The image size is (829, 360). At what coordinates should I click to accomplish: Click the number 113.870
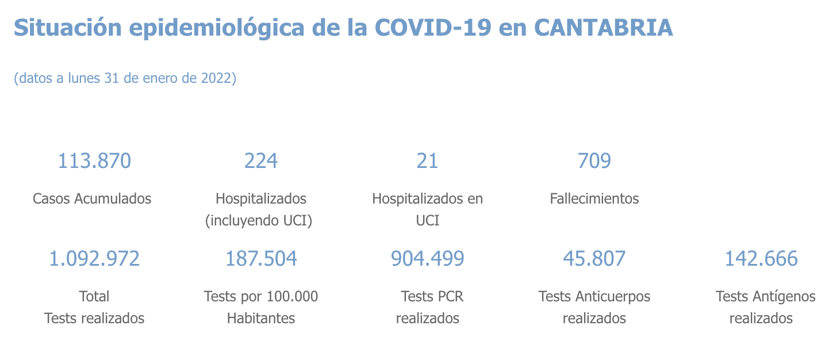94,161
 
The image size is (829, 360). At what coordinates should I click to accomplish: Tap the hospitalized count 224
261,161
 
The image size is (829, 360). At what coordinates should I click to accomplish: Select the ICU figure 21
427,161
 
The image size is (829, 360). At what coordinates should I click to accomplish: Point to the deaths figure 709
594,161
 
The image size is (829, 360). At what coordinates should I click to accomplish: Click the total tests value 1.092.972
94,259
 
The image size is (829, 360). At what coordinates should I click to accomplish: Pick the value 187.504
261,259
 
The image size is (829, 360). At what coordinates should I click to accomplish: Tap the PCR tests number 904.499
427,259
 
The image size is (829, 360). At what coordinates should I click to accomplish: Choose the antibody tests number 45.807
594,259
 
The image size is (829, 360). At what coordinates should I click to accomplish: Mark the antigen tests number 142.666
761,259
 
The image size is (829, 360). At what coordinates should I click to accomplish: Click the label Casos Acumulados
92,199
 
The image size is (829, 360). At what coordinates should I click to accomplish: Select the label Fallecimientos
594,199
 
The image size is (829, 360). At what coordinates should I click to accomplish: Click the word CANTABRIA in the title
603,28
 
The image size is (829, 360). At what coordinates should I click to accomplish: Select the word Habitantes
261,318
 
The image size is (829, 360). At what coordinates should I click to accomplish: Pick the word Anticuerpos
612,297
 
